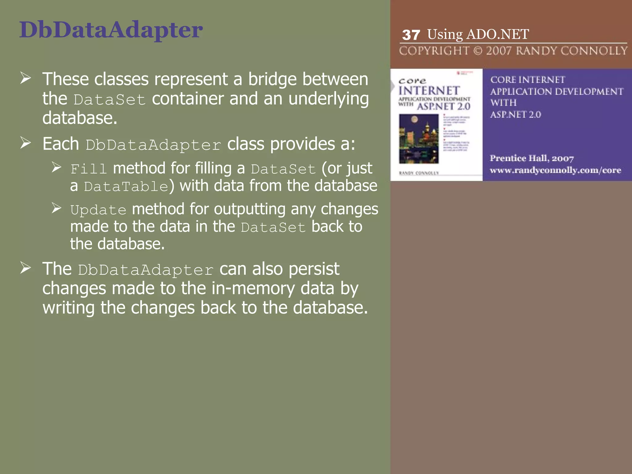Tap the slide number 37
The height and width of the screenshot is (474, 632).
(x=411, y=35)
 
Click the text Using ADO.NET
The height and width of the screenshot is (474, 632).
(x=478, y=34)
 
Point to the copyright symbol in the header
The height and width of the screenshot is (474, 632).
(x=478, y=51)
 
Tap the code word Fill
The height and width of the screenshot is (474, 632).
(x=89, y=169)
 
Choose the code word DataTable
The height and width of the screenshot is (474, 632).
(x=126, y=186)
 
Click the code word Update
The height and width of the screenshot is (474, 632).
(x=98, y=210)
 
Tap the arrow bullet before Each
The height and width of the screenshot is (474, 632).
(x=26, y=143)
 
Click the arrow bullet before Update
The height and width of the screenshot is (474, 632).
(x=56, y=208)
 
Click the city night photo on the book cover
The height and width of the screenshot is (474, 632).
(x=419, y=139)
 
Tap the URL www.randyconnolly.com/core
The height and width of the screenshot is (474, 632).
(x=555, y=170)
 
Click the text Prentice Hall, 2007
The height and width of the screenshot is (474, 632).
(x=532, y=158)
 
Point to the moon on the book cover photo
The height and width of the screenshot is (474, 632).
(x=414, y=119)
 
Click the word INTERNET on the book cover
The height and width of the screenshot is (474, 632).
(x=429, y=91)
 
